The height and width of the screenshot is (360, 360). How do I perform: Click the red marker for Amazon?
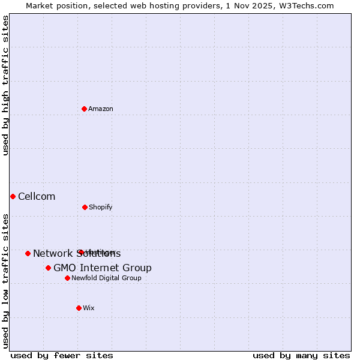point(84,109)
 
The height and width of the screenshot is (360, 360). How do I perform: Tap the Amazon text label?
point(101,109)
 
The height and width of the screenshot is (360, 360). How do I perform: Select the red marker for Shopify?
point(85,207)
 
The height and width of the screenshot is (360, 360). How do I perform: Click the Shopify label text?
point(101,208)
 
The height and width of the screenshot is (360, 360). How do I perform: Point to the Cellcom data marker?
point(13,196)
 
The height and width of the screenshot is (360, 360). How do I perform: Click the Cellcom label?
point(37,197)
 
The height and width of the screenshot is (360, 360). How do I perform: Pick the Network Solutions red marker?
point(28,253)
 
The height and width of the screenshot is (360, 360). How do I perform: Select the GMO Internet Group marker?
point(48,268)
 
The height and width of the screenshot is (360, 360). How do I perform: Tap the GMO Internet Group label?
point(103,268)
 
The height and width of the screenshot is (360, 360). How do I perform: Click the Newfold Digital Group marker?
point(67,278)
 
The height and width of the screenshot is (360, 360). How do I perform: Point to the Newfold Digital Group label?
point(107,278)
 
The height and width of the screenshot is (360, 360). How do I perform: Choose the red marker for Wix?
point(79,308)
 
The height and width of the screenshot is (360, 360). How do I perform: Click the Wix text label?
point(89,308)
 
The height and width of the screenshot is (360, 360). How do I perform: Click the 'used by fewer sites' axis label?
point(62,355)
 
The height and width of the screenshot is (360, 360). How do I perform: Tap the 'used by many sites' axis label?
point(301,355)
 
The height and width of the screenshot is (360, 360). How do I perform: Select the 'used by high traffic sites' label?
point(6,85)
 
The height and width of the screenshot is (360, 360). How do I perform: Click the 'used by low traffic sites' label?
point(6,281)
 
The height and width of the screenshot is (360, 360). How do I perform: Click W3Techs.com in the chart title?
point(305,5)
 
